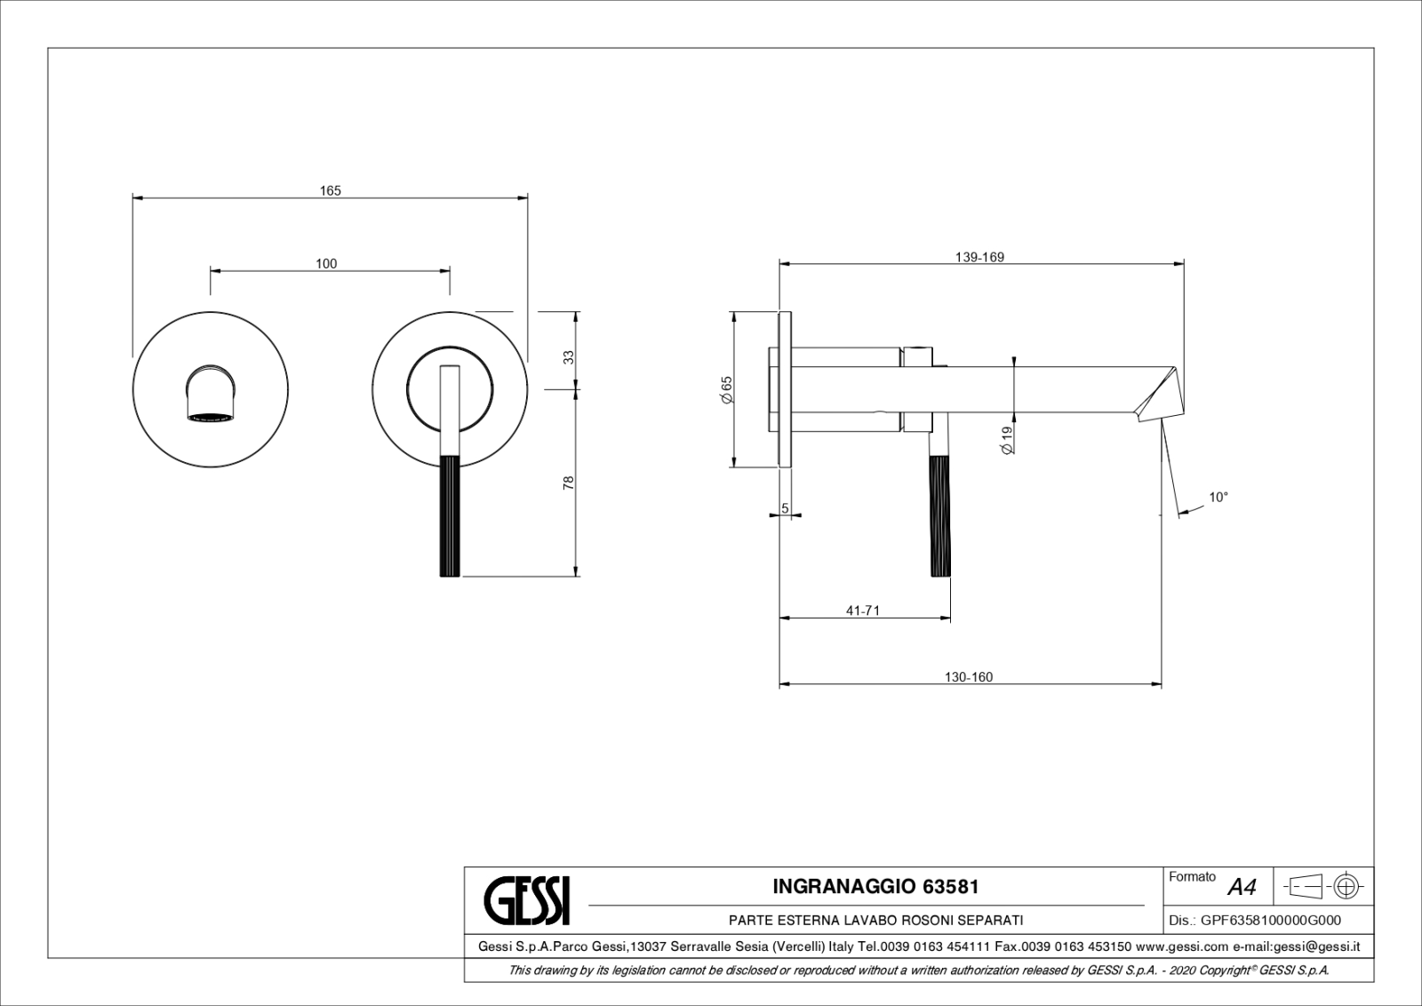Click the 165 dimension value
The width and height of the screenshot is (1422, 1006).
[330, 190]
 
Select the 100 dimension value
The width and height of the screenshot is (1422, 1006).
[326, 263]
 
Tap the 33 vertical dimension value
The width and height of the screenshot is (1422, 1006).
[569, 357]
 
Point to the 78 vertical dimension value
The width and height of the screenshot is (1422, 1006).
[569, 483]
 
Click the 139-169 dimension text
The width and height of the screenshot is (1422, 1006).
[979, 257]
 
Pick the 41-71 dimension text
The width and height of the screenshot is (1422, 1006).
[863, 611]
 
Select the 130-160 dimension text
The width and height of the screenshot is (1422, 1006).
[968, 677]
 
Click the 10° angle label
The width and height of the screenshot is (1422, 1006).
[1218, 498]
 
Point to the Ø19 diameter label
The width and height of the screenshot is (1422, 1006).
[1006, 440]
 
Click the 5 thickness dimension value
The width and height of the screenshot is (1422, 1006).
[785, 508]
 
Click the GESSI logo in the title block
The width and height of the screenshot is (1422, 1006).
[527, 900]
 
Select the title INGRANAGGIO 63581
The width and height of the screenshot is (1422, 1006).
[875, 887]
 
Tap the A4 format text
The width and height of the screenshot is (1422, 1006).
[1242, 887]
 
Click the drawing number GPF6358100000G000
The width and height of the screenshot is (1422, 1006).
[1271, 921]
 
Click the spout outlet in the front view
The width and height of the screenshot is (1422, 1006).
[211, 417]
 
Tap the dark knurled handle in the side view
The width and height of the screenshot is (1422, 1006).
[940, 515]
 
